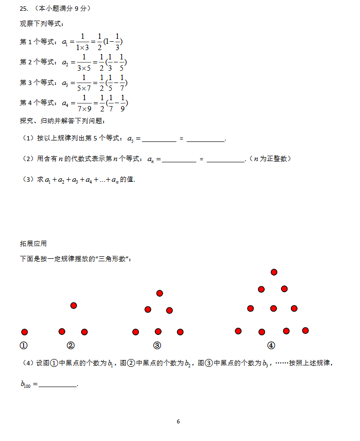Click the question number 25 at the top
click(x=23, y=9)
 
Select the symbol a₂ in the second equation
click(x=66, y=62)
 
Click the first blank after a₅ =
click(x=159, y=140)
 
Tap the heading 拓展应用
click(x=33, y=244)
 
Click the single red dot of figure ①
click(x=25, y=332)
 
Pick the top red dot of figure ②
click(x=74, y=305)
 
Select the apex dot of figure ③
click(x=160, y=293)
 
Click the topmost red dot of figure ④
click(x=274, y=272)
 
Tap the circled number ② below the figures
click(x=71, y=345)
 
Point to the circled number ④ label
click(x=271, y=345)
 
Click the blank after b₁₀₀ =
click(x=57, y=386)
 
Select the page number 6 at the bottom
click(x=178, y=421)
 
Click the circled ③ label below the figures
click(x=157, y=345)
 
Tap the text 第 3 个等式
click(x=37, y=83)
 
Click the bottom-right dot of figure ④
click(x=305, y=331)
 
